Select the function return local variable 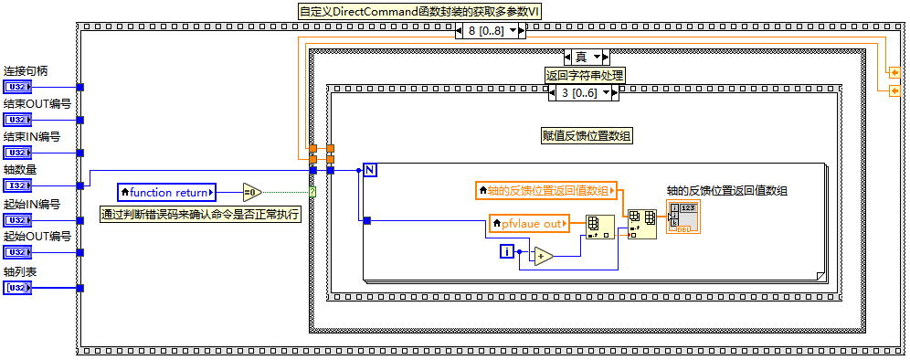click(166, 192)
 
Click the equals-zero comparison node click(252, 192)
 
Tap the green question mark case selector click(312, 192)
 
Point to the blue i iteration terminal click(507, 252)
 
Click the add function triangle click(544, 256)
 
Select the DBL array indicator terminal click(685, 217)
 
